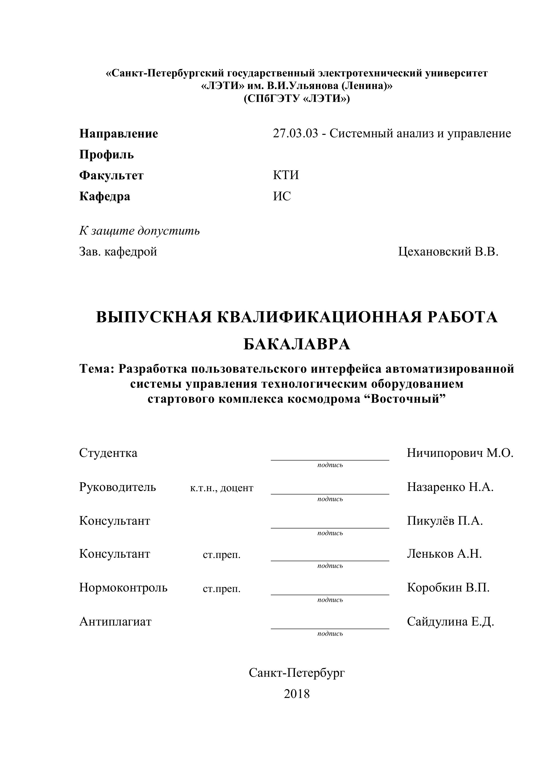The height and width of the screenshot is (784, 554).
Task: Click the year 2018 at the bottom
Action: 297,694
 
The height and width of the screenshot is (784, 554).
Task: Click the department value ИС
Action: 282,196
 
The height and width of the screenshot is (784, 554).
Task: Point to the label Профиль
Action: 106,155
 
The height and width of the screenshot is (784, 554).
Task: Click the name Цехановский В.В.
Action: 448,252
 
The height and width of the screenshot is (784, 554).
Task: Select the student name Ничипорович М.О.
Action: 460,453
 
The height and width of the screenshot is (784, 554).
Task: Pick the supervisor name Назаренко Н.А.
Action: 450,487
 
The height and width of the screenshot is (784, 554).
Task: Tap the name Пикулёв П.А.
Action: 444,521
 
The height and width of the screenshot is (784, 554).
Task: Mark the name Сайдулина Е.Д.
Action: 450,622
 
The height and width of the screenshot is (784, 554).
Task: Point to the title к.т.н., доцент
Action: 221,488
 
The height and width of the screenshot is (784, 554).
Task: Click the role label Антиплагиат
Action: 115,622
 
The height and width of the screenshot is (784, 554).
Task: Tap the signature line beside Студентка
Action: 330,459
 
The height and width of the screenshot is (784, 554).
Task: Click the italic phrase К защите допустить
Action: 139,231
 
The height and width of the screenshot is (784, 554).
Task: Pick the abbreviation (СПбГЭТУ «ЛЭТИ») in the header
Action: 297,98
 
